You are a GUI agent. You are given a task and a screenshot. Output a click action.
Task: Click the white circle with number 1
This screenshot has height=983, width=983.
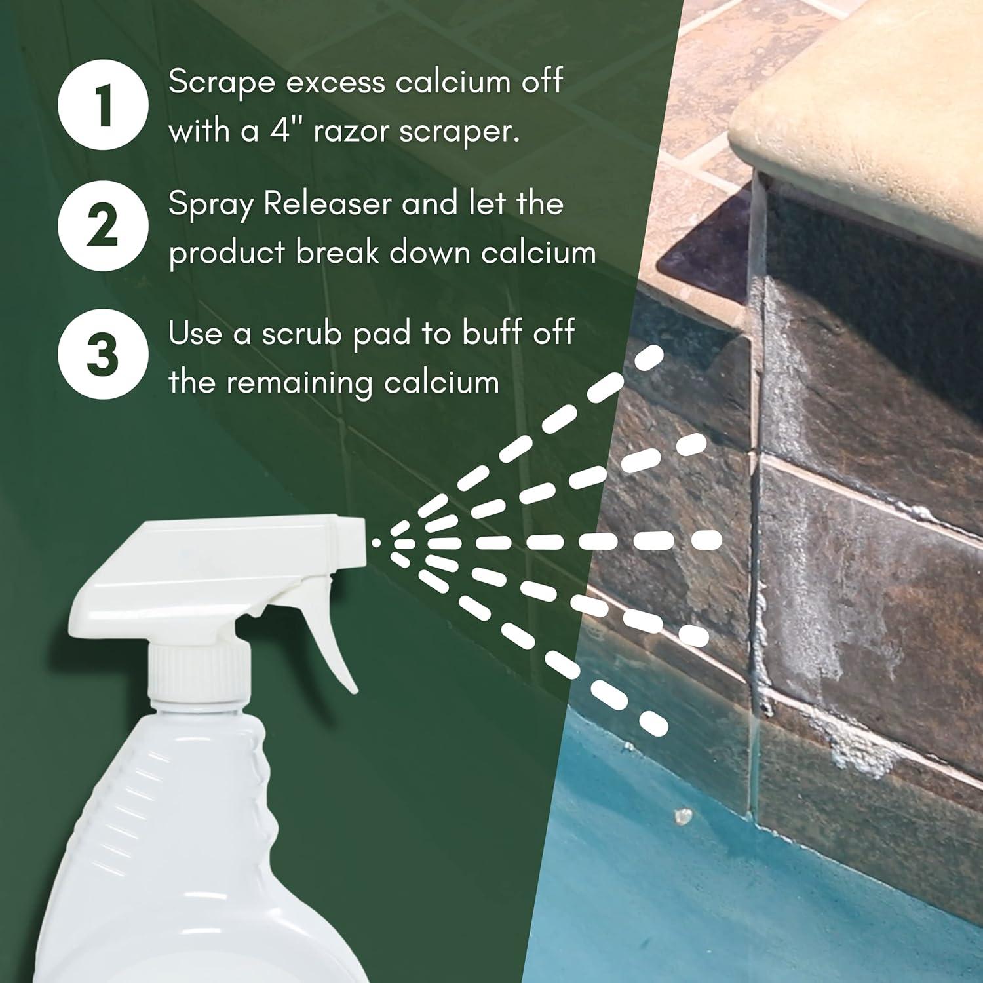tap(104, 105)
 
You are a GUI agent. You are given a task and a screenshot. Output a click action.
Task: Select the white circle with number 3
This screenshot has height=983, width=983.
tap(104, 353)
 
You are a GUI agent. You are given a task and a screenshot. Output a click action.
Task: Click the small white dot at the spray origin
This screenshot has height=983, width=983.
tap(376, 543)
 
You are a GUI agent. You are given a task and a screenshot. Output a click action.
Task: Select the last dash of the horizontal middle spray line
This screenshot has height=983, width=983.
tap(707, 541)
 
